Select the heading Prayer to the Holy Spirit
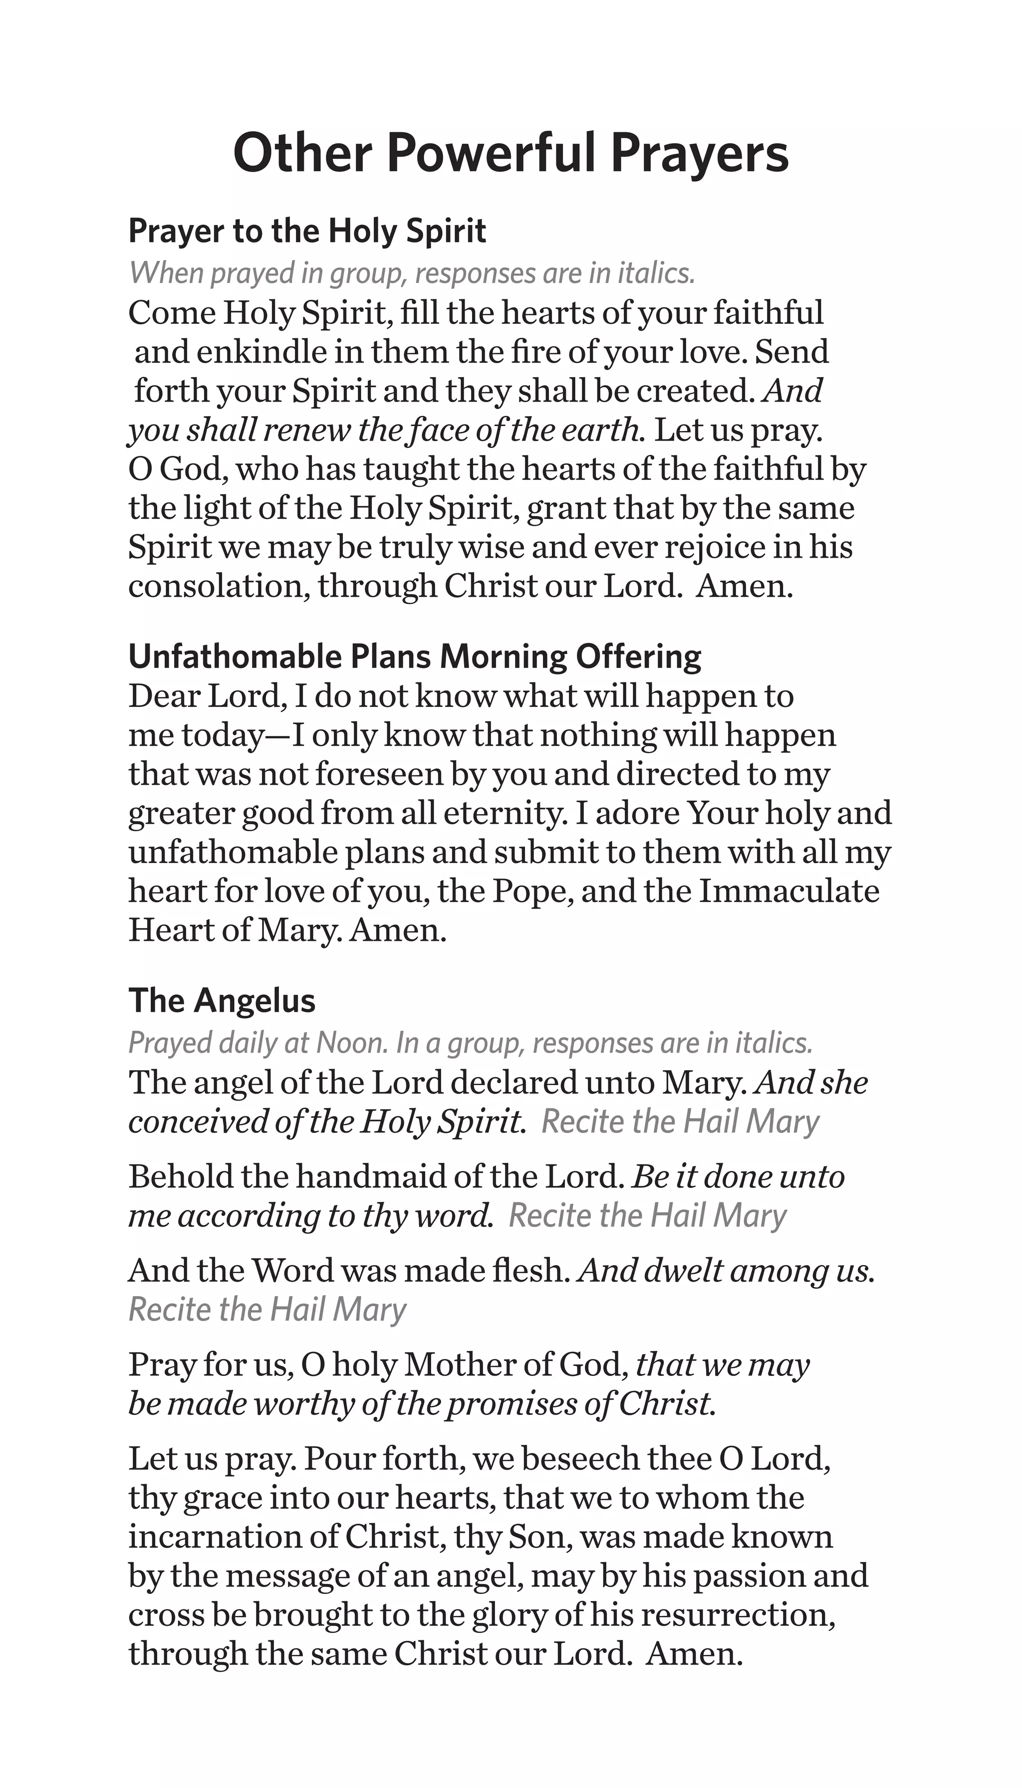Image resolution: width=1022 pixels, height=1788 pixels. coord(307,231)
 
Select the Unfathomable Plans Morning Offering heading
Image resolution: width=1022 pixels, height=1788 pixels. coord(414,657)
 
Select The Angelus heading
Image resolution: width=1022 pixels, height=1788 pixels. coord(222,1001)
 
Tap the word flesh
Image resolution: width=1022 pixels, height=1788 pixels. coord(534,1271)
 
